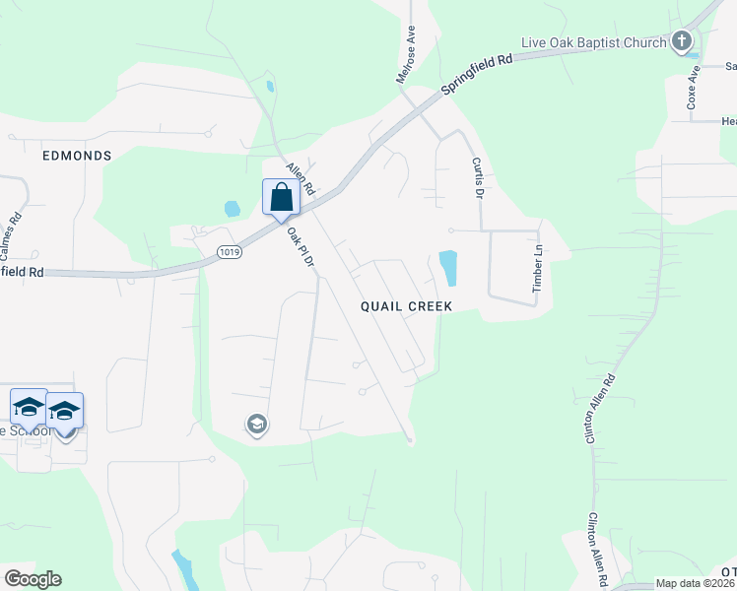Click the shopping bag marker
pos(282,197)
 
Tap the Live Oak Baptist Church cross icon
pos(681,41)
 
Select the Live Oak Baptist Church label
pos(593,42)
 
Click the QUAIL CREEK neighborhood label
pos(406,306)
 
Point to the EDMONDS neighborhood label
pos(77,156)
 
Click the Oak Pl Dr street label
pos(301,249)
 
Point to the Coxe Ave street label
pos(694,86)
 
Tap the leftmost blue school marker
pos(29,408)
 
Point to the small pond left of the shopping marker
pos(232,209)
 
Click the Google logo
pos(33,579)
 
